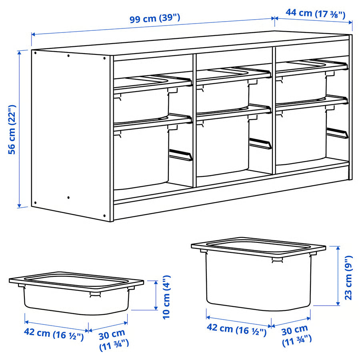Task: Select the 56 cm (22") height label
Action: pos(12,129)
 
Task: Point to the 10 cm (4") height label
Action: pos(167,296)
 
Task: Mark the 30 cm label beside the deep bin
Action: pos(296,335)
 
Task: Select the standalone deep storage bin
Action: pos(258,276)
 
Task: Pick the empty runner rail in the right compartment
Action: pos(338,134)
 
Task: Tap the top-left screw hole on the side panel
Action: pos(35,52)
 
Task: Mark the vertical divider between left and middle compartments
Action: pos(194,120)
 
